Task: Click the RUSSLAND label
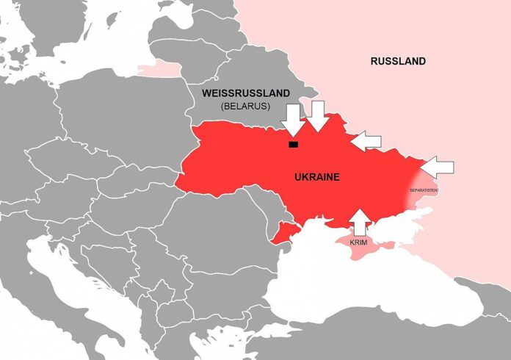point(397,61)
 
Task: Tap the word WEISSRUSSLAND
point(246,93)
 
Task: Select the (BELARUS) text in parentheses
point(245,107)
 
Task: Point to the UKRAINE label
point(316,178)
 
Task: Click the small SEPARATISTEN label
point(424,190)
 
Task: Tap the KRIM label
point(358,242)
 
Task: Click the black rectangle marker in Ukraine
point(294,144)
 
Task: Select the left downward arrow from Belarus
point(294,119)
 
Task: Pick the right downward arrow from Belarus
point(317,116)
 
